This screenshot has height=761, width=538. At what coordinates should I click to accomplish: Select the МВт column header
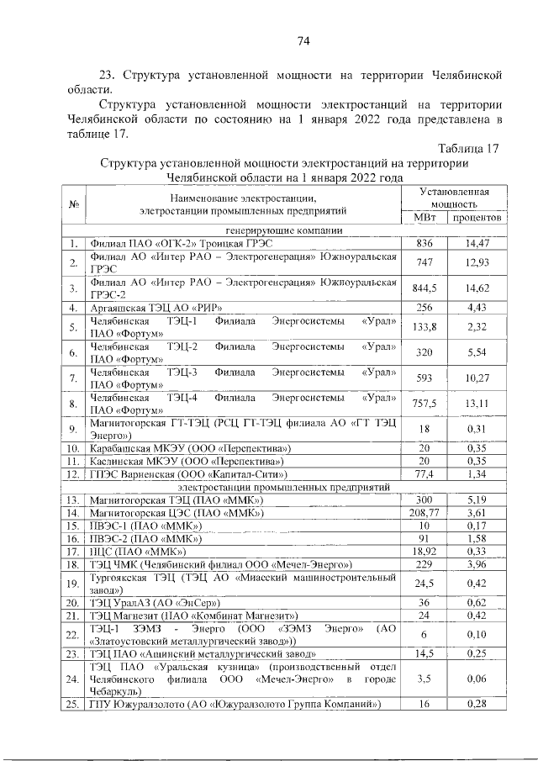point(425,218)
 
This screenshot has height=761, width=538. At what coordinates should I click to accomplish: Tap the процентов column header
point(475,218)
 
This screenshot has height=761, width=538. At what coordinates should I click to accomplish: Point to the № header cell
point(74,204)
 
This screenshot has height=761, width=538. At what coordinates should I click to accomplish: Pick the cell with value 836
point(425,244)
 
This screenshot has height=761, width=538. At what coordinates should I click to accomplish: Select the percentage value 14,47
point(475,244)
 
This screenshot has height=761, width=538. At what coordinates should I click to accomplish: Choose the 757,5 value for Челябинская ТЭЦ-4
point(425,403)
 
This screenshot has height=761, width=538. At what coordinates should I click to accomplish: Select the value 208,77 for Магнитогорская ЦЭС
point(425,512)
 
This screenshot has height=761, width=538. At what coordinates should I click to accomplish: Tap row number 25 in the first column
point(74,704)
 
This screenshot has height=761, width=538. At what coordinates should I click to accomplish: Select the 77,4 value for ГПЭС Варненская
point(425,473)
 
